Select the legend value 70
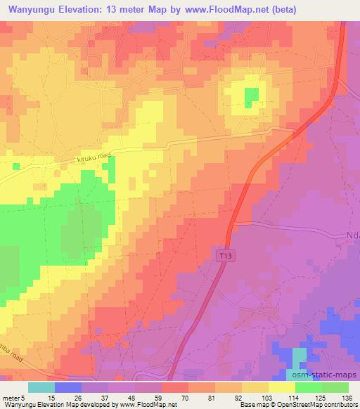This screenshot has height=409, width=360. pyautogui.click(x=184, y=398)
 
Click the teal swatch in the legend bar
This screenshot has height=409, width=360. pyautogui.click(x=41, y=387)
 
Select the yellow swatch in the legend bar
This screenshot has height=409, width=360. pyautogui.click(x=282, y=387)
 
